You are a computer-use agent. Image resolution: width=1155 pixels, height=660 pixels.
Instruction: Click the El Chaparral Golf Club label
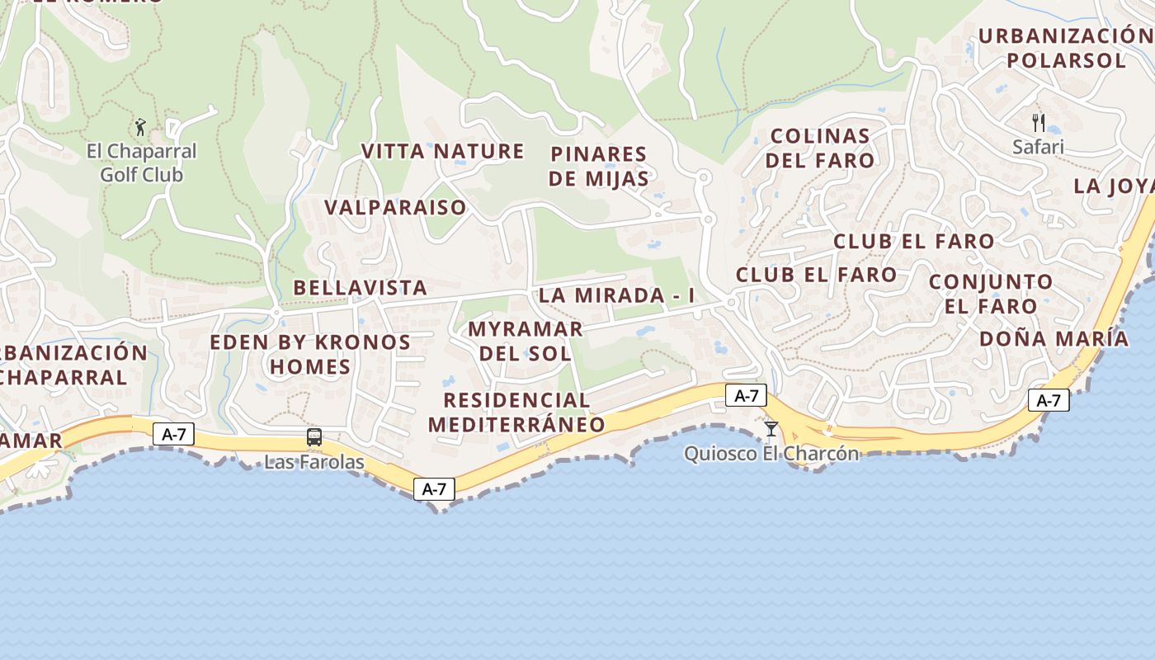click(142, 163)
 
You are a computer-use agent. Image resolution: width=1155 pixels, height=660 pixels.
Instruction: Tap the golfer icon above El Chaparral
click(140, 127)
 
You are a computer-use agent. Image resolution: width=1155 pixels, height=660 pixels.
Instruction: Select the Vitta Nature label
click(443, 151)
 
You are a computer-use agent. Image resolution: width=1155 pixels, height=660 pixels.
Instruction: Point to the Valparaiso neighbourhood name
click(395, 207)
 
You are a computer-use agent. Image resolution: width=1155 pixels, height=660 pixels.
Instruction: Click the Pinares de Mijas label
click(599, 166)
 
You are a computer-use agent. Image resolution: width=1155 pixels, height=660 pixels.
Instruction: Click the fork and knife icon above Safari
click(1039, 123)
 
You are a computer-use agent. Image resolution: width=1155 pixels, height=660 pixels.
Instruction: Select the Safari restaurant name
click(1039, 147)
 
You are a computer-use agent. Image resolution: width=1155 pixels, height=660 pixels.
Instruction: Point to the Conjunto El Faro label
click(991, 294)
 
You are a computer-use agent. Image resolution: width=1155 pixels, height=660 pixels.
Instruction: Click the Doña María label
click(1054, 338)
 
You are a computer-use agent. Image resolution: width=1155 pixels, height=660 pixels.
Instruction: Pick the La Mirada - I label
click(616, 295)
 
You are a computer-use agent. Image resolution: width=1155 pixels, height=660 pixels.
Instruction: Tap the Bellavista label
click(361, 288)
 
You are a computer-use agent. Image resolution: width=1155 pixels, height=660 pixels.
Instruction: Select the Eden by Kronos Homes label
click(310, 354)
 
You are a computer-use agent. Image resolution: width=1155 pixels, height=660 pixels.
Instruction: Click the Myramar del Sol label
click(526, 341)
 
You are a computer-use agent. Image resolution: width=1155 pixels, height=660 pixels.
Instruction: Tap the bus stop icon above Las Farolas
click(313, 437)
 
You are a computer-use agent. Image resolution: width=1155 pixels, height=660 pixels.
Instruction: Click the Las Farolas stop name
click(313, 462)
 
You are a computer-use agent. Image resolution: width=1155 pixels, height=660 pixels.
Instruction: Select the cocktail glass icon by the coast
click(771, 428)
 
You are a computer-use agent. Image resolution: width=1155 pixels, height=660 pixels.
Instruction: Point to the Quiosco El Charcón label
click(771, 454)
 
